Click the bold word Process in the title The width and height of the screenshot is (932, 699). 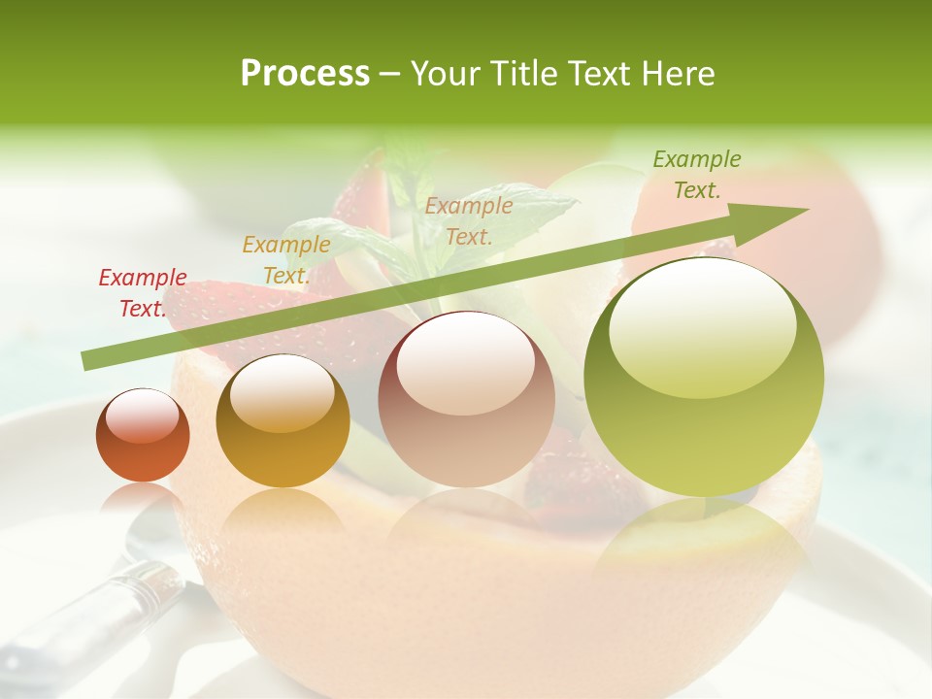point(305,74)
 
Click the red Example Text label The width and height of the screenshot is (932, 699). point(143,293)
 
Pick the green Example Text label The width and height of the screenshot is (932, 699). point(697,175)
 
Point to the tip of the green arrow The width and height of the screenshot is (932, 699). point(806,210)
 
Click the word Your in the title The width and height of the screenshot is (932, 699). point(442,74)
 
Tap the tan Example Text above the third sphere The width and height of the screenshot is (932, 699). point(469,220)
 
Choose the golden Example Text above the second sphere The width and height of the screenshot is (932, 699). point(286,260)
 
